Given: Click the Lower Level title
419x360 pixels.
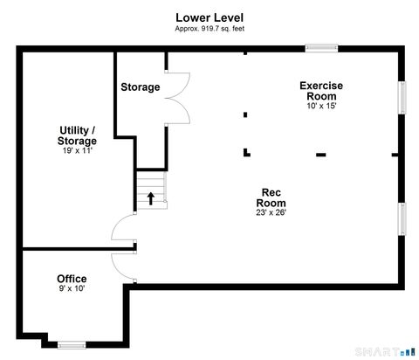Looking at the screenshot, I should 209,17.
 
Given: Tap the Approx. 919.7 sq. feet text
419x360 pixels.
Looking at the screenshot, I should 209,28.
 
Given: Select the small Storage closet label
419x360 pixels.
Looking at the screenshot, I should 140,87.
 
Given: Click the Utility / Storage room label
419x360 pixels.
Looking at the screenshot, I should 78,135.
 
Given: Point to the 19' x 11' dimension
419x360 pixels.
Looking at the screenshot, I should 78,150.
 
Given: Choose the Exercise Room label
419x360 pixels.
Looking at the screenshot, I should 321,90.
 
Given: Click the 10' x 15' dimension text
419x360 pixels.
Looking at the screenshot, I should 321,106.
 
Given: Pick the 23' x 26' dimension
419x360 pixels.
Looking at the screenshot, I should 271,212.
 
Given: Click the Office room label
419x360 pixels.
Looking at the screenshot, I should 72,279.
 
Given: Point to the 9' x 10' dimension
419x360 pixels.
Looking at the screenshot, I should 72,289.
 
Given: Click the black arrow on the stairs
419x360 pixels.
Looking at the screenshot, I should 151,198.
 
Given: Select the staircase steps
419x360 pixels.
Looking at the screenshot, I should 151,190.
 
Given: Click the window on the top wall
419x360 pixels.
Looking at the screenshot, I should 322,49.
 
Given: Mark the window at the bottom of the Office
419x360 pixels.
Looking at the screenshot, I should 72,344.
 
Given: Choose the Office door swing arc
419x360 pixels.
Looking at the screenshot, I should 122,267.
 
